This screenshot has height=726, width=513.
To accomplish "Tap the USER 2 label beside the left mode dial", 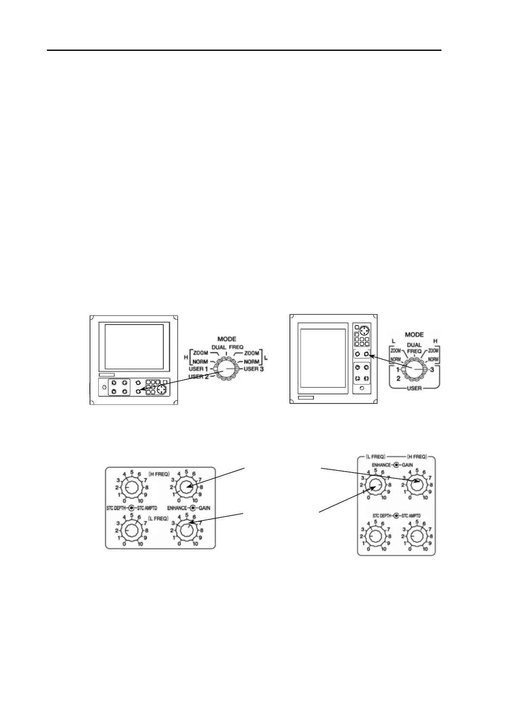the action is pos(199,376).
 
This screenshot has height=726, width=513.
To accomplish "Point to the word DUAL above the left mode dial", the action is pos(219,347).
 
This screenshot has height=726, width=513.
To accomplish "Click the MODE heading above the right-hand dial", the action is pos(414,335).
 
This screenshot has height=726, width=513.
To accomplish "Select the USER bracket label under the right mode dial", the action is pos(414,388).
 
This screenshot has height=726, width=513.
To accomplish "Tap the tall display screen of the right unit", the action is pos(323,358).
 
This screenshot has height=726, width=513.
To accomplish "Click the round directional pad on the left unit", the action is pos(162,390).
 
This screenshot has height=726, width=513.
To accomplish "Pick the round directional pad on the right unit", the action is pos(365,331).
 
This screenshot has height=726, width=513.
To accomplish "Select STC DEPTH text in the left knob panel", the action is pos(116,508).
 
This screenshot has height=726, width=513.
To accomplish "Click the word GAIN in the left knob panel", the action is pos(204,508).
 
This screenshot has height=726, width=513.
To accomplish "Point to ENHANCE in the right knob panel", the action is pos(382,465).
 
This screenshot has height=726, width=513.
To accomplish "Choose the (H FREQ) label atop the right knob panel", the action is pos(417,457).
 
